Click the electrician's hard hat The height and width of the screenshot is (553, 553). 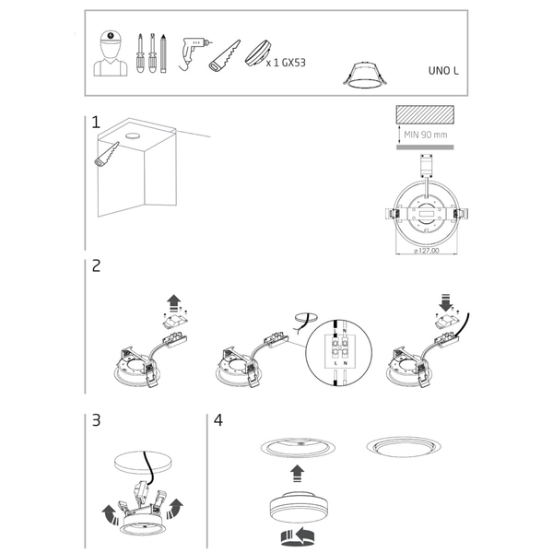[x=111, y=37]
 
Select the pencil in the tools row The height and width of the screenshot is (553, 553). [x=163, y=53]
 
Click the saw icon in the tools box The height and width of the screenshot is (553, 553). [x=224, y=56]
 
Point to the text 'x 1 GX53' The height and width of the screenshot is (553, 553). [x=286, y=63]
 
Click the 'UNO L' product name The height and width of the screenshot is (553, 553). [x=443, y=71]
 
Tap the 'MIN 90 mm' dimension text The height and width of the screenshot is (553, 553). [x=425, y=135]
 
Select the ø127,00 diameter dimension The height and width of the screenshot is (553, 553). [x=427, y=251]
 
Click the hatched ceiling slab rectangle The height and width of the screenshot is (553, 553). [x=425, y=114]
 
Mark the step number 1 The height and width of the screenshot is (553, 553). [x=96, y=123]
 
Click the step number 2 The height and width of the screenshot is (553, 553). [x=96, y=265]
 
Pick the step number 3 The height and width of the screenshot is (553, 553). [x=96, y=420]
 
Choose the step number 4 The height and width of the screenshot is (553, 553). [x=218, y=420]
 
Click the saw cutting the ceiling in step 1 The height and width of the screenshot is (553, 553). [x=107, y=154]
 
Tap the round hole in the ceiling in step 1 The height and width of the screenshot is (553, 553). [x=132, y=135]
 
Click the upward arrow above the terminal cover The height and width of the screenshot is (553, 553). [x=174, y=303]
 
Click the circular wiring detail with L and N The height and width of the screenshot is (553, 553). [x=339, y=353]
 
